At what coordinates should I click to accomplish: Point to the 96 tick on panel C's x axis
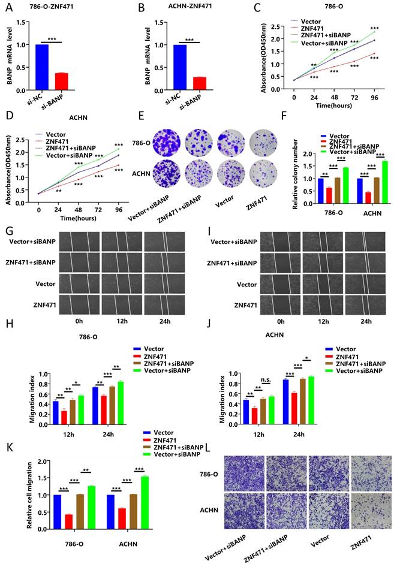point(375,96)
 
